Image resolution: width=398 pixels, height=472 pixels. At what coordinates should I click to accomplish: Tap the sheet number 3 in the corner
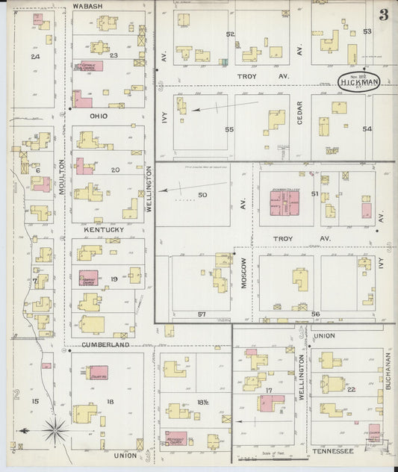click(x=383, y=15)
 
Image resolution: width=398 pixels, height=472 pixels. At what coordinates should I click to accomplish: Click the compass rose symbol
click(x=55, y=429)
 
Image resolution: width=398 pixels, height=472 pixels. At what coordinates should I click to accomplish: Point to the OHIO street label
click(x=99, y=117)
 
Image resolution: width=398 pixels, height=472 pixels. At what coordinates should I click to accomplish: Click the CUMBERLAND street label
click(x=106, y=345)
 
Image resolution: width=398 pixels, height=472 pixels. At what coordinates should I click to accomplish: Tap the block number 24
click(x=34, y=57)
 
